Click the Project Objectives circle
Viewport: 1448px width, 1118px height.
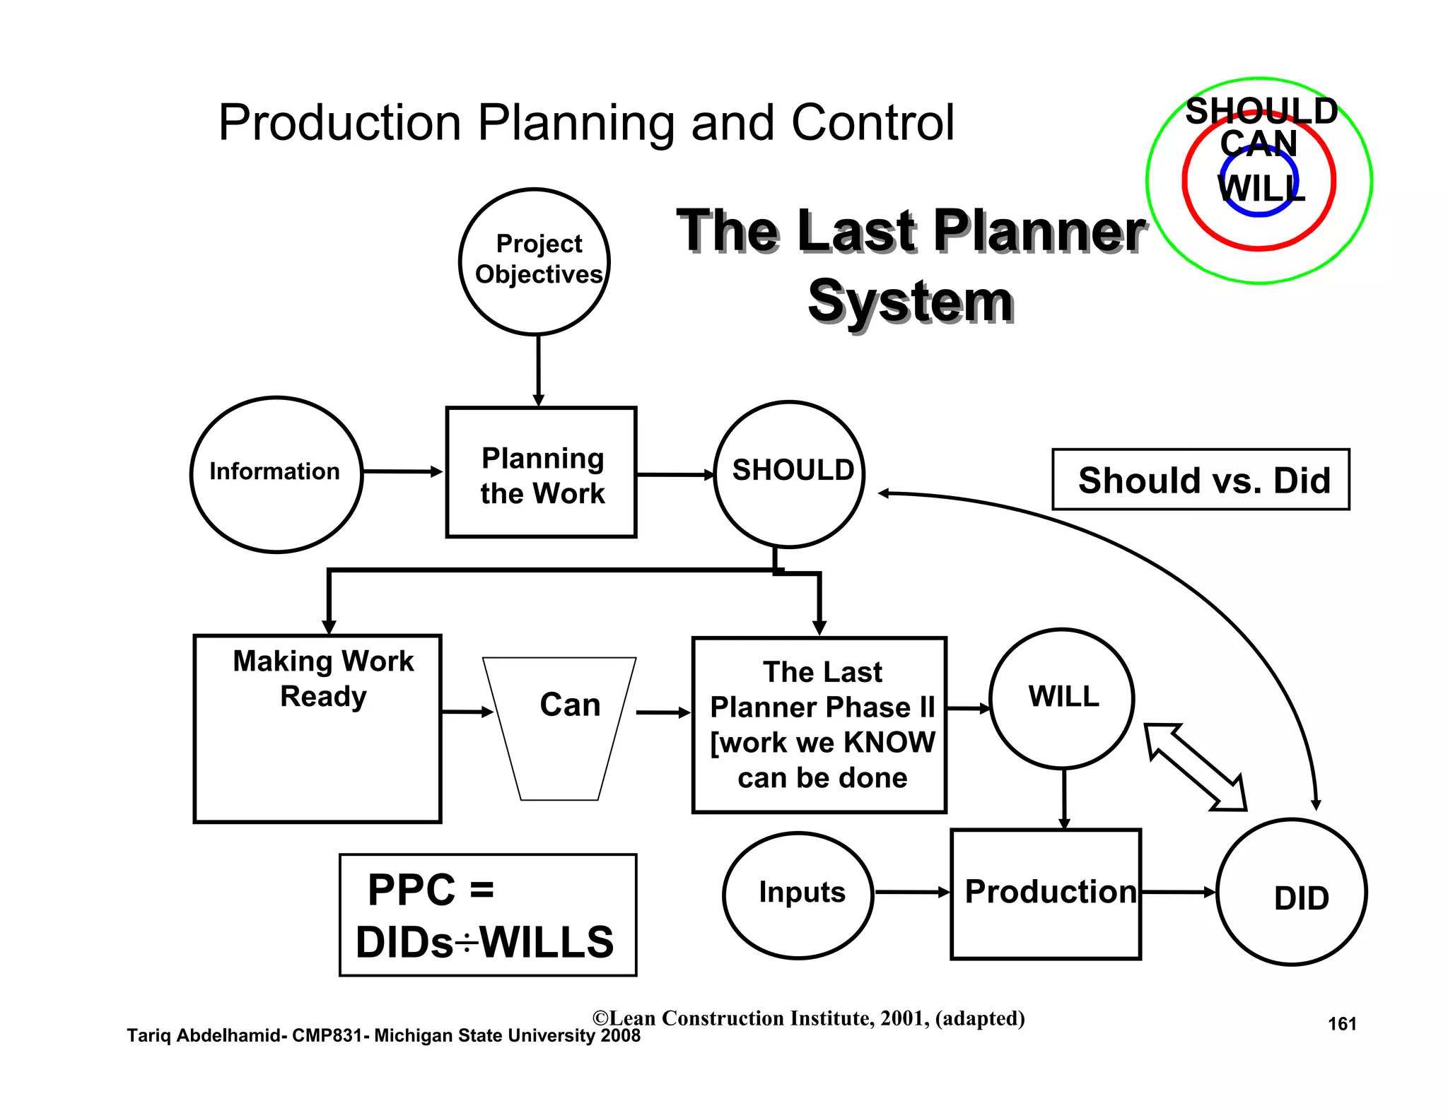click(535, 261)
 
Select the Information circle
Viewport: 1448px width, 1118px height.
click(276, 474)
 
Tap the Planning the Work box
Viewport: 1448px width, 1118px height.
click(541, 473)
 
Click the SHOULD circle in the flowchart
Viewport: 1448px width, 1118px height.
click(789, 474)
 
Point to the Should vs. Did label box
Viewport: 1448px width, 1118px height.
click(1201, 480)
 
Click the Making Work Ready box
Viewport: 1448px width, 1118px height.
click(317, 729)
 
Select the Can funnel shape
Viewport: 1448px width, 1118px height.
click(560, 728)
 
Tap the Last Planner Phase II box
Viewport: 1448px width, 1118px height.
click(819, 725)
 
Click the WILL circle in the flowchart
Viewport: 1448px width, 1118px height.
click(1062, 698)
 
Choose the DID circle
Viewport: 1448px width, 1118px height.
click(1292, 893)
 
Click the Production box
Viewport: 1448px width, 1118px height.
click(1046, 894)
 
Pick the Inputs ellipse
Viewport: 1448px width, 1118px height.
click(798, 895)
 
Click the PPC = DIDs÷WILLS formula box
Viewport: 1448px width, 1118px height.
click(488, 915)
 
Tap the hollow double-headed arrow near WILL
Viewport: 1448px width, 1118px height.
click(1195, 767)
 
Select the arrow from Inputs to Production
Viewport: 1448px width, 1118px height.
click(911, 893)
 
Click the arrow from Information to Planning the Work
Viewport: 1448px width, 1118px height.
click(402, 471)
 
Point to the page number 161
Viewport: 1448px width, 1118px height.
click(1342, 1024)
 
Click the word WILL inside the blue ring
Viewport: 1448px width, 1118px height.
click(1261, 189)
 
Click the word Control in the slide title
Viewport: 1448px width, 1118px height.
click(872, 123)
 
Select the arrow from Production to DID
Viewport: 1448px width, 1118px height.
click(1178, 893)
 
